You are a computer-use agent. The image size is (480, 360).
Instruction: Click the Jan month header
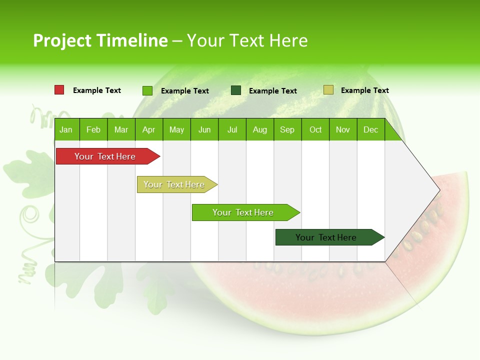tap(66, 129)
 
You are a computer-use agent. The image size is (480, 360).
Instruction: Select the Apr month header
tap(148, 129)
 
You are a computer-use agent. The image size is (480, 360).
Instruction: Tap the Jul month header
tap(232, 129)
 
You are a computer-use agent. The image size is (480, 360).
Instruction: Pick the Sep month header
tap(287, 129)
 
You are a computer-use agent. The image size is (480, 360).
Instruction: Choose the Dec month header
tap(370, 129)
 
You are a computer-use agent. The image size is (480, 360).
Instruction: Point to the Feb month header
tap(93, 129)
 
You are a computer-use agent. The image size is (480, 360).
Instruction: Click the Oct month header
tap(315, 129)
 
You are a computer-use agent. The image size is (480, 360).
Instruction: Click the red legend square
tap(59, 90)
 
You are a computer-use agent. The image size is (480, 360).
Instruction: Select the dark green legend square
tap(236, 90)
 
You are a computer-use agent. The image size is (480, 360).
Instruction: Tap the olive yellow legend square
tap(328, 90)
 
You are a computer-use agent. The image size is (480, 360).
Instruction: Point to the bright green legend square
tap(147, 90)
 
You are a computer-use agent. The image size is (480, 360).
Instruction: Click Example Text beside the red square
tap(97, 90)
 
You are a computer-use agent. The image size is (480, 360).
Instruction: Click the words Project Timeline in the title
tap(100, 40)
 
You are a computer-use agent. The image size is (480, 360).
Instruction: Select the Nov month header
tap(343, 129)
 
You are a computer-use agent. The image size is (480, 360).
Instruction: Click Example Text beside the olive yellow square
tap(364, 90)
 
